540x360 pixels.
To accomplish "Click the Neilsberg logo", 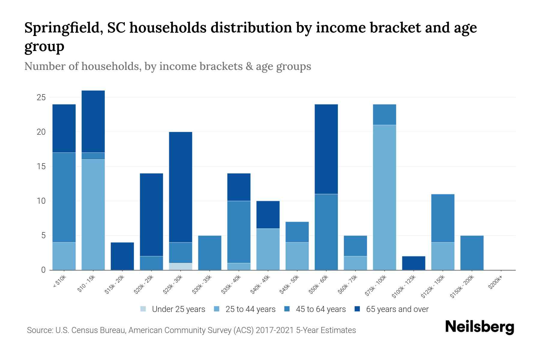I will point(479,327).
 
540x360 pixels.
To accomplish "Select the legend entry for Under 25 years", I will point(173,309).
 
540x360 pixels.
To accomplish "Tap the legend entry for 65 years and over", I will point(391,309).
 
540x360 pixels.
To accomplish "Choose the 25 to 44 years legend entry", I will point(245,309).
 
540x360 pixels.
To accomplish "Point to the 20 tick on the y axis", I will point(41,132).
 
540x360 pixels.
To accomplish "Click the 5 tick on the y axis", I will point(43,235).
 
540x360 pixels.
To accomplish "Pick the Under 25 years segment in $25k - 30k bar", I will point(181,266).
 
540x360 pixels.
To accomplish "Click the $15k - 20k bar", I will point(122,256).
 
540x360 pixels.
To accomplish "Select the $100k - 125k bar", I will point(413,263).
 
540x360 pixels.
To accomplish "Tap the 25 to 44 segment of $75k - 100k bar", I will point(384,197).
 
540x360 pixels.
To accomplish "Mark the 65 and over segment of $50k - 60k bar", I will point(326,149).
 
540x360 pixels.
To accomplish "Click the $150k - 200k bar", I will point(472,253).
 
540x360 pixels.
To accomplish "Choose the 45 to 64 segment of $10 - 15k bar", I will point(93,156).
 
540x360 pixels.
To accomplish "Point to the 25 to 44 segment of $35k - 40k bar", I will point(239,266).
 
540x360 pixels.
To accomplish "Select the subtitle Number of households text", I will point(167,66).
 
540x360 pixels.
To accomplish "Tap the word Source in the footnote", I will point(39,330).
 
